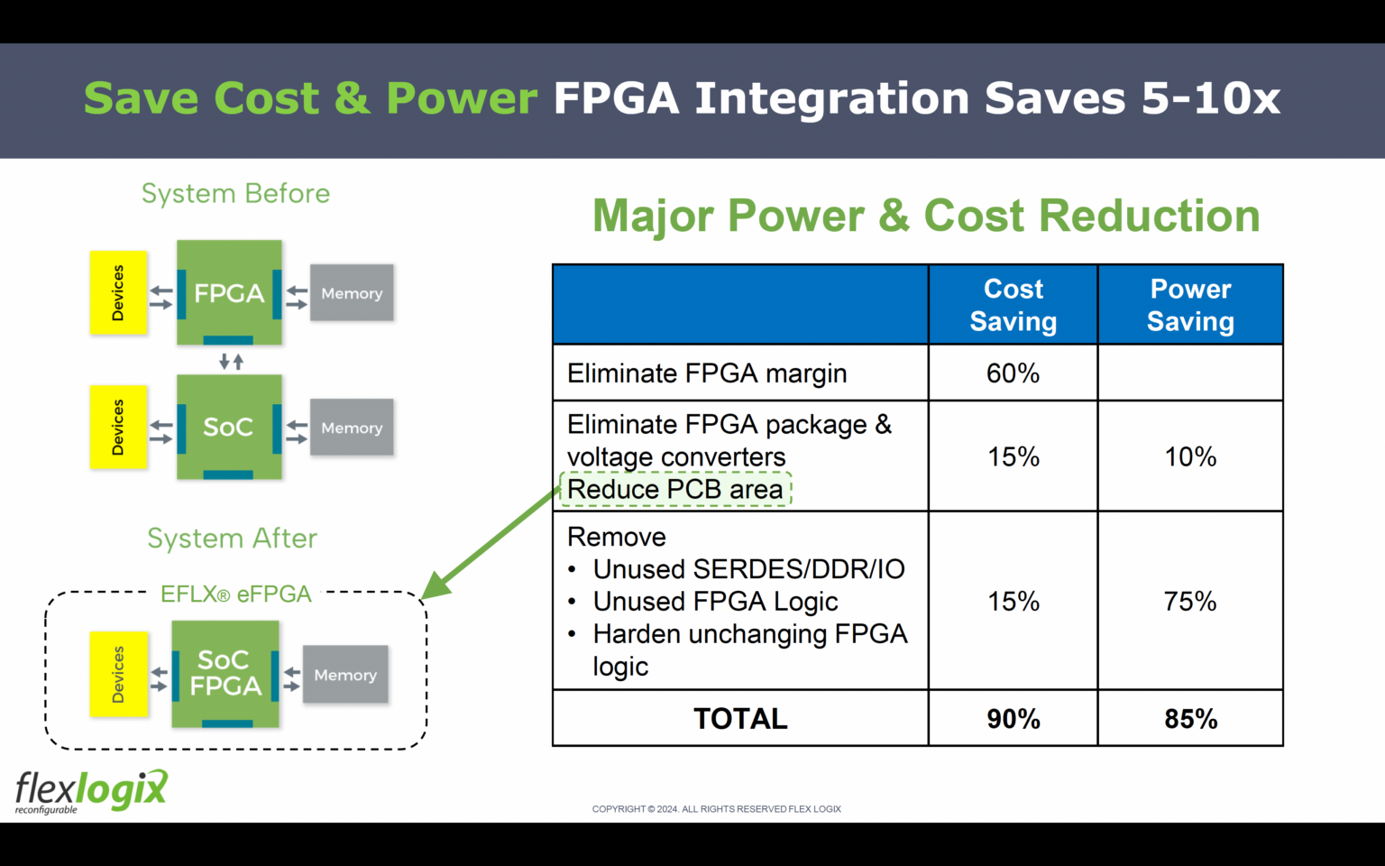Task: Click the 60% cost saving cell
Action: point(1013,373)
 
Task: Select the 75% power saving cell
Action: point(1189,601)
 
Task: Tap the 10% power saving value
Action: point(1189,456)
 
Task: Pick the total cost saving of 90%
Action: point(1013,718)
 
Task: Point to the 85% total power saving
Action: point(1189,718)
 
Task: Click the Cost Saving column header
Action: point(1013,305)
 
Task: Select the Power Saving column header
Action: point(1189,305)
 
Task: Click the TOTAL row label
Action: point(739,718)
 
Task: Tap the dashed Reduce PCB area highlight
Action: point(675,489)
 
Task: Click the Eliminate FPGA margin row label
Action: point(707,373)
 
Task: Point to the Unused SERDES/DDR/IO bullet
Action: point(748,568)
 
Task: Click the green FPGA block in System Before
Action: point(229,292)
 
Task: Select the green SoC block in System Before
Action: point(229,427)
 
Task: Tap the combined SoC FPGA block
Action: point(225,673)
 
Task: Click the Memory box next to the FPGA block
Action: point(352,293)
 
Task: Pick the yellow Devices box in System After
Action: point(118,674)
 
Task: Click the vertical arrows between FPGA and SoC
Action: point(232,362)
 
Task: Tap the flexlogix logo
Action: point(91,791)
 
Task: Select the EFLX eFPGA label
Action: point(235,594)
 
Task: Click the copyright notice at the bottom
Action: point(716,809)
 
